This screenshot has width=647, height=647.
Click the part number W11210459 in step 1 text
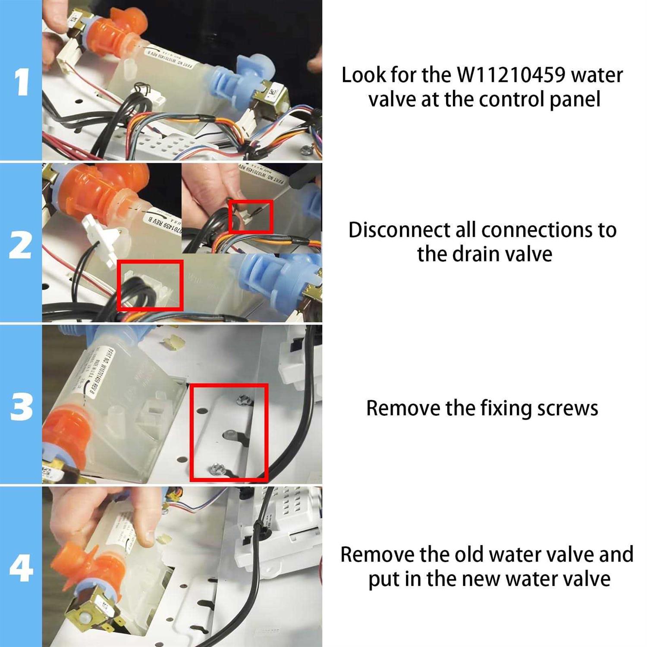point(511,75)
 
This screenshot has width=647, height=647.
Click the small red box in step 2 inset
point(251,217)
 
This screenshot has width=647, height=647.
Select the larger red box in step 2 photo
point(150,285)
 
